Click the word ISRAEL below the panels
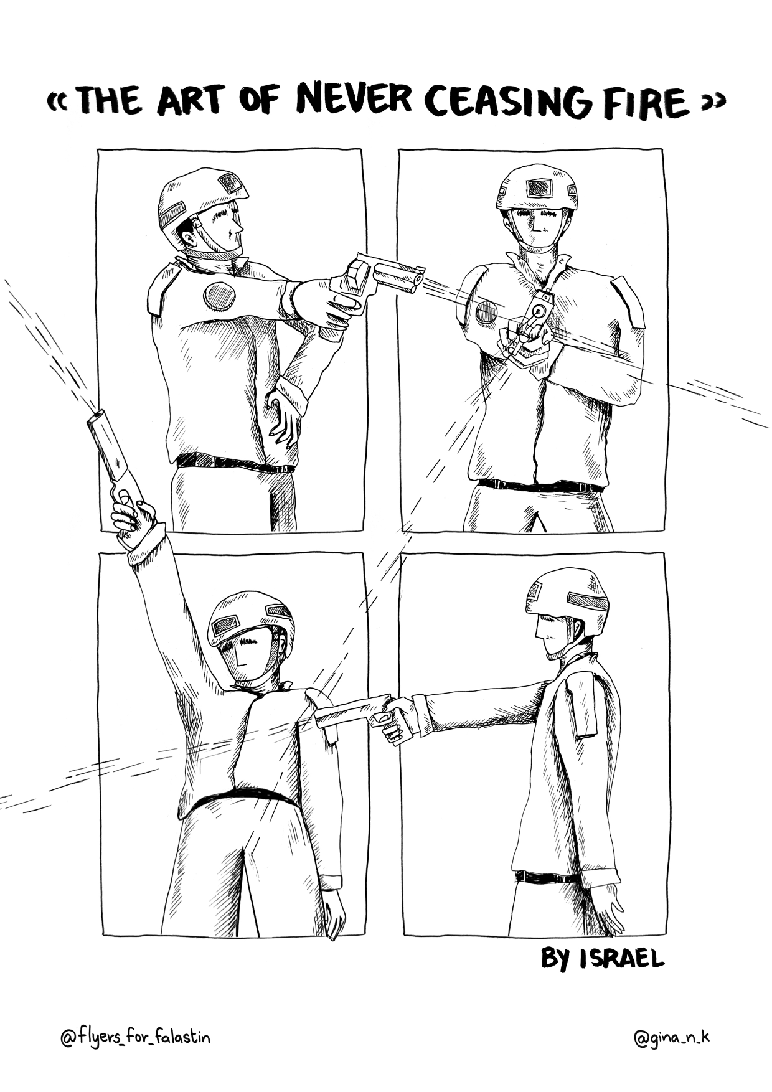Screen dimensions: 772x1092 [621, 976]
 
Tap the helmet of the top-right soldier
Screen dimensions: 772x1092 [537, 187]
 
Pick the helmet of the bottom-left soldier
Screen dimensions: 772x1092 [249, 623]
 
